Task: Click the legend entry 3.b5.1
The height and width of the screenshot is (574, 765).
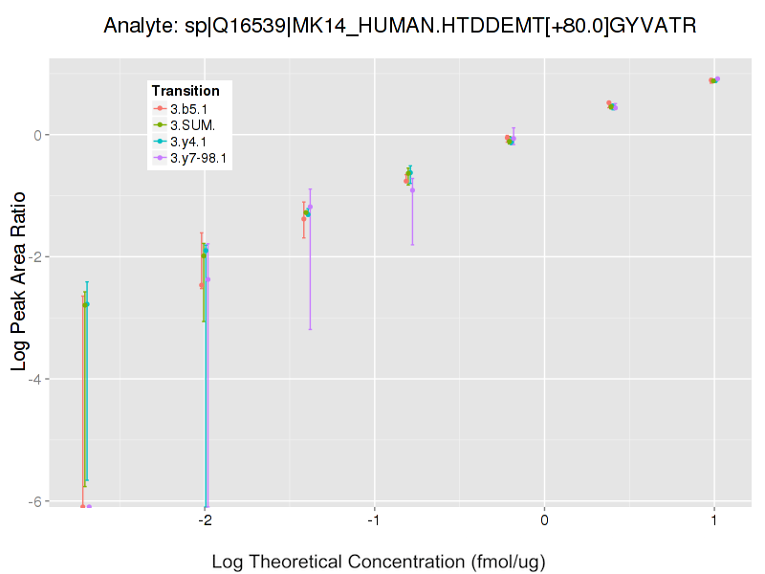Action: coord(189,109)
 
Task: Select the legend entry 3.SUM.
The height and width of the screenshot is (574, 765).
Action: coord(192,125)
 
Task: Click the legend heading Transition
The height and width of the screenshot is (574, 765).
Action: coord(186,91)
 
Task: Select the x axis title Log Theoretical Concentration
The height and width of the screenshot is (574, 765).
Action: coord(378,562)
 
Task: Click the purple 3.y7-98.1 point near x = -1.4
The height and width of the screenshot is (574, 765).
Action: coord(310,208)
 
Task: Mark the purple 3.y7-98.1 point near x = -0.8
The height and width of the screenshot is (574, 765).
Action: coord(412,190)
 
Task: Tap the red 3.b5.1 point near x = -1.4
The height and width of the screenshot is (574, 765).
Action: coord(304,219)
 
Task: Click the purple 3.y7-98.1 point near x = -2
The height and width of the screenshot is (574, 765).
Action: coord(208,279)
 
